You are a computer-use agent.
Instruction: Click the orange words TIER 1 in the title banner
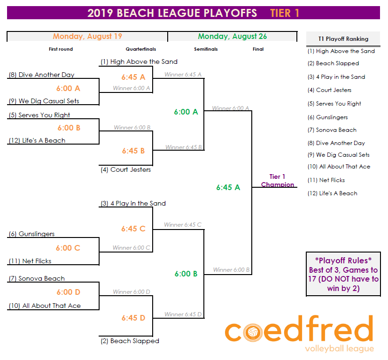[285, 13]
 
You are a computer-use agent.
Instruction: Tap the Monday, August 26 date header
[232, 36]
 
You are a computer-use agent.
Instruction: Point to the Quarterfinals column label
[141, 49]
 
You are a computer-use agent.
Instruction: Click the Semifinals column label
[206, 49]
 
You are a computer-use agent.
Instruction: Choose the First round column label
[61, 49]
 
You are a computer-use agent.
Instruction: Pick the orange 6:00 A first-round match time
[68, 88]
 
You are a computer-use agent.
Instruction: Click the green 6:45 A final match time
[228, 187]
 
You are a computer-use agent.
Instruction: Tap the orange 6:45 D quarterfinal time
[133, 318]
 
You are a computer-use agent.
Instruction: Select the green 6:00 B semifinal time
[186, 274]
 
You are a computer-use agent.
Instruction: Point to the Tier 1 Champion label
[278, 181]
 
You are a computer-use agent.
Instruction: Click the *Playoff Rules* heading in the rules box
[343, 260]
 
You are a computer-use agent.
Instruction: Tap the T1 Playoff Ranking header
[343, 39]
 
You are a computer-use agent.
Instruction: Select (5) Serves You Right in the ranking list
[334, 104]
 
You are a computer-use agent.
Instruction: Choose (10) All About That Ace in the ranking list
[338, 167]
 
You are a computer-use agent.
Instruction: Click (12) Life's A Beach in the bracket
[37, 140]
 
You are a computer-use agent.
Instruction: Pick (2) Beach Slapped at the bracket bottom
[130, 341]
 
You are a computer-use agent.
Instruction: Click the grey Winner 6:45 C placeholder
[183, 225]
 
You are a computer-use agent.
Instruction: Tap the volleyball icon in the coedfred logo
[253, 332]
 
